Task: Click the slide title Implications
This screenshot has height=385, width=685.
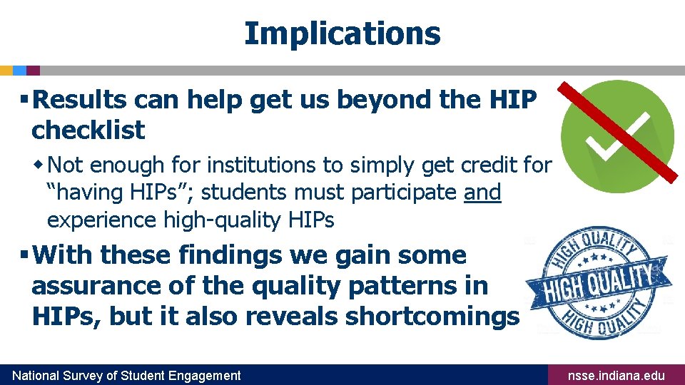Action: coord(342,34)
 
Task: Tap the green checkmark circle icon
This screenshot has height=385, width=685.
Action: coord(617,137)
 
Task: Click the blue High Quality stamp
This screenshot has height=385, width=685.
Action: coord(598,282)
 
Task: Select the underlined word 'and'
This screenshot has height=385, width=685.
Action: coord(482,192)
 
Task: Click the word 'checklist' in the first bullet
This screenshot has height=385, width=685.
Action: coord(88,130)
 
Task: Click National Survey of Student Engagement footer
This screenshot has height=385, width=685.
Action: coord(128,376)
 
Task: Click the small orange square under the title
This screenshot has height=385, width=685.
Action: coord(6,71)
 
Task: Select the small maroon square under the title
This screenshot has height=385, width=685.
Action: coord(34,71)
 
